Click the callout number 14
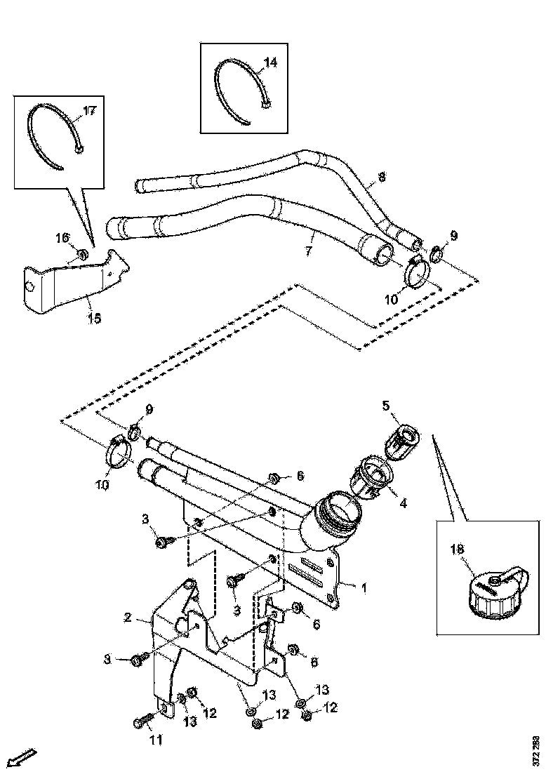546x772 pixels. [270, 62]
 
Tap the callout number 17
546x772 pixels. [89, 111]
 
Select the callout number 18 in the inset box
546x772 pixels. [460, 552]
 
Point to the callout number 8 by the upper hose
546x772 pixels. [382, 178]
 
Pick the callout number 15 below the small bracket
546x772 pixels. [93, 319]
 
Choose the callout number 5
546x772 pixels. [385, 406]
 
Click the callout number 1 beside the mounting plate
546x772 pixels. [364, 586]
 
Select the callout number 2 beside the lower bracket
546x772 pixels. [128, 618]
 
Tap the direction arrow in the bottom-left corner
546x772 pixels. [22, 758]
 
